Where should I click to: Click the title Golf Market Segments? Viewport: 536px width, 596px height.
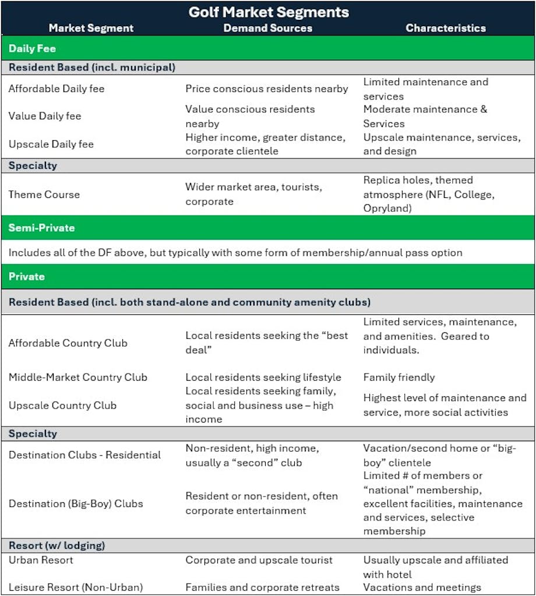tap(269, 12)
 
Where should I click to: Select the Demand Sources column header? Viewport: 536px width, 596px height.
tap(268, 28)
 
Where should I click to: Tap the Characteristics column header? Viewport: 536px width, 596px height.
tap(446, 28)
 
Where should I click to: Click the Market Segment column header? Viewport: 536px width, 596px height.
tap(91, 28)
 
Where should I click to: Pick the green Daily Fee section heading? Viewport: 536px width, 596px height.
tap(32, 48)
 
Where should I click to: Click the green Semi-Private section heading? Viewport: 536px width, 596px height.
tap(41, 228)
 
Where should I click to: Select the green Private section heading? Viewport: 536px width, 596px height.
tap(26, 276)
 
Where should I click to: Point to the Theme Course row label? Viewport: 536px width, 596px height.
tap(44, 194)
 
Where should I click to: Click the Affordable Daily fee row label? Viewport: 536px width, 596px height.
tap(57, 89)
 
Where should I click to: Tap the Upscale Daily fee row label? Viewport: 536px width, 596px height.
tap(51, 144)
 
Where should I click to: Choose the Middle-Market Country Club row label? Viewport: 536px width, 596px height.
tap(77, 377)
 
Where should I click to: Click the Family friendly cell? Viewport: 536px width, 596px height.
tap(399, 377)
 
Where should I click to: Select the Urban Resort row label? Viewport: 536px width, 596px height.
tap(41, 560)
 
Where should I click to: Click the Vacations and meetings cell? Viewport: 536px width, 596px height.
tap(422, 587)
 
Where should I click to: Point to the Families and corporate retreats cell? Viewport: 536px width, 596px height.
tap(262, 587)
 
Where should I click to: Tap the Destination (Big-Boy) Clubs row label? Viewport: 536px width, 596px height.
tap(76, 503)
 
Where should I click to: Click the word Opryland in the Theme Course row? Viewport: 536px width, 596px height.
tap(386, 208)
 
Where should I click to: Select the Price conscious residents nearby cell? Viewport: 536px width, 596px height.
tap(267, 89)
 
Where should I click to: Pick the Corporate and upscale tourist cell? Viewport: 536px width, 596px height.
tap(259, 560)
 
